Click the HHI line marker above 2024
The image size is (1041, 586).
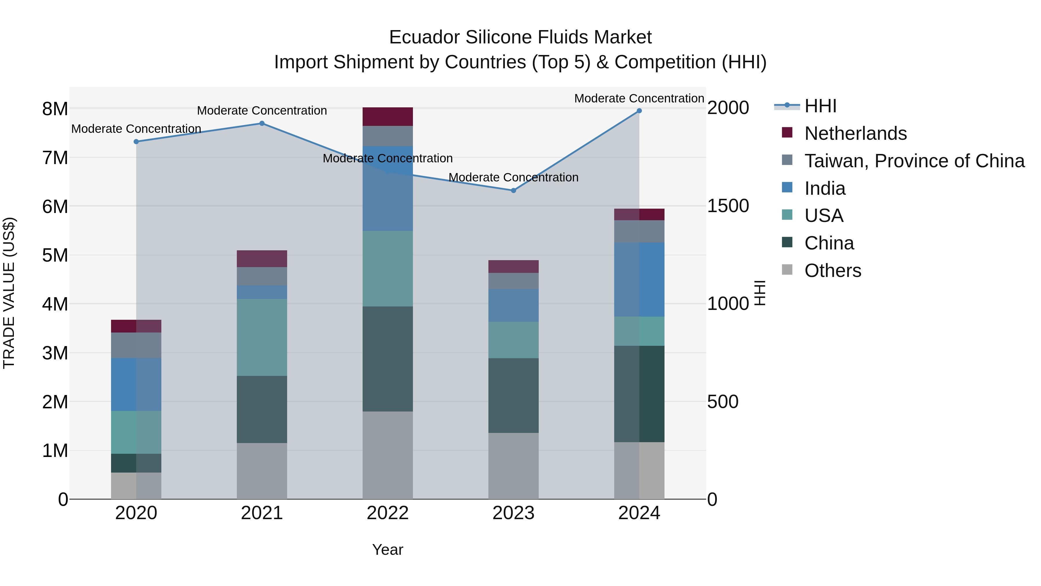click(x=639, y=111)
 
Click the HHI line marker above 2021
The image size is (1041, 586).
click(x=262, y=123)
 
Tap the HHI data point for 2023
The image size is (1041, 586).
click(x=513, y=190)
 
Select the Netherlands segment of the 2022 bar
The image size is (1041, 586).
click(x=387, y=117)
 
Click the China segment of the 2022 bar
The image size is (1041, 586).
click(x=387, y=359)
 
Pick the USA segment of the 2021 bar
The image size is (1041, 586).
click(x=262, y=338)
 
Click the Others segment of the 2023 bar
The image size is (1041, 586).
click(x=513, y=466)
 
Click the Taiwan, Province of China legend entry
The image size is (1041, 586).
click(x=914, y=161)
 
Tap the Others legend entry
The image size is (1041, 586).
click(x=833, y=271)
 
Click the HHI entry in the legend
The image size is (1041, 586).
click(x=820, y=106)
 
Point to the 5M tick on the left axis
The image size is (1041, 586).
click(x=55, y=255)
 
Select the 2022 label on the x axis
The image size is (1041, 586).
click(x=387, y=513)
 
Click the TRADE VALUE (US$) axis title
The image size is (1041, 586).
click(x=9, y=293)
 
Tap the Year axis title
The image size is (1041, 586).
click(x=387, y=550)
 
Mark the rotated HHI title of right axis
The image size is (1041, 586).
click(x=760, y=293)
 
